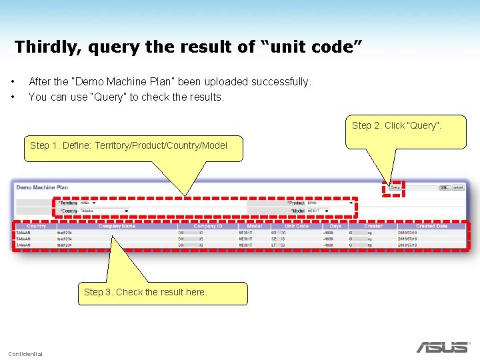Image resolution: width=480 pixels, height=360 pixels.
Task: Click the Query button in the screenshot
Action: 395,188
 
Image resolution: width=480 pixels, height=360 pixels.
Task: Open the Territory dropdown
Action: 93,203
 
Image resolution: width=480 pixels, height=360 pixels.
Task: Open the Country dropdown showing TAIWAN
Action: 104,211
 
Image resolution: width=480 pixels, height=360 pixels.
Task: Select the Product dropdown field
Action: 331,203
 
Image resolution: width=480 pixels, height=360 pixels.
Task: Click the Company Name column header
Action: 117,226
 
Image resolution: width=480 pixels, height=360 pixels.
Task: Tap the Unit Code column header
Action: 297,226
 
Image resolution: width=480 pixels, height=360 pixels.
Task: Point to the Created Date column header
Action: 431,226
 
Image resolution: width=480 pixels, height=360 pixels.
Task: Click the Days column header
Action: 335,226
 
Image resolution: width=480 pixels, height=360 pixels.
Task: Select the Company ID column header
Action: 207,226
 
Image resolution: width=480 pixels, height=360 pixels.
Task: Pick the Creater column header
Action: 373,226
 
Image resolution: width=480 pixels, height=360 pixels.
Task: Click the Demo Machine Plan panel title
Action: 42,187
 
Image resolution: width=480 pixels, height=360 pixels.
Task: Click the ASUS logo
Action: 442,347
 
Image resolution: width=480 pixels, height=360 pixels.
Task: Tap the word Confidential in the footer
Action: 25,353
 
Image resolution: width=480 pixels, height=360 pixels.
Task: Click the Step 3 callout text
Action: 145,292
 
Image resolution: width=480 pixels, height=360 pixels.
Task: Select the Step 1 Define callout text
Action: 129,145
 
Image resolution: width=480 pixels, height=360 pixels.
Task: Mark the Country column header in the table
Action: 36,226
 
